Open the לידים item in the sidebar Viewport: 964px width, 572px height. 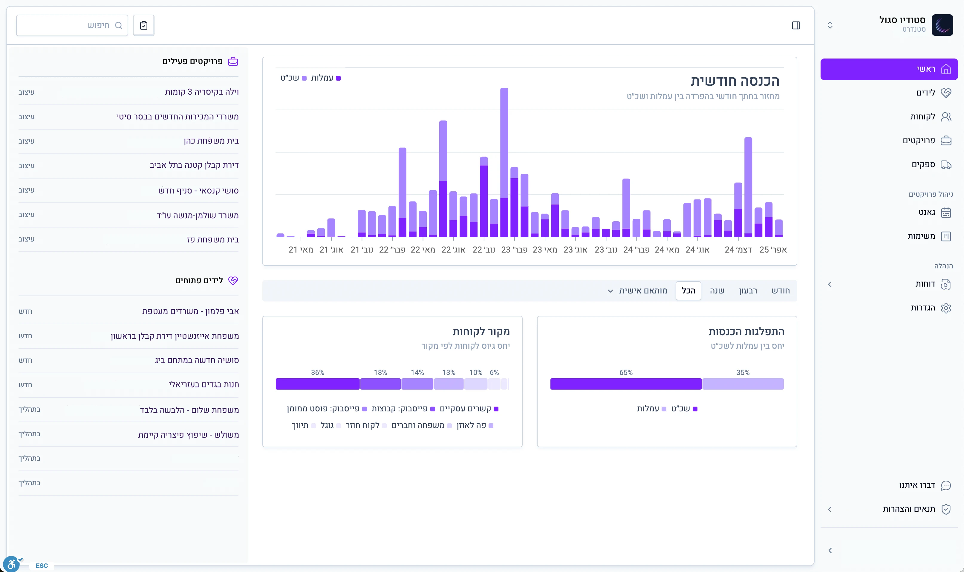(925, 93)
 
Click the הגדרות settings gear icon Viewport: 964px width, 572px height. (945, 308)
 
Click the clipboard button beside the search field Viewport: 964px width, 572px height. (143, 25)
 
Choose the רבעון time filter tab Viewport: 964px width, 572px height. (748, 290)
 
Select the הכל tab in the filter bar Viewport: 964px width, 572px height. (688, 290)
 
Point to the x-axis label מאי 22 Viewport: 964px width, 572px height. (423, 250)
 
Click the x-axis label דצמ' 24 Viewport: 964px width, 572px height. (738, 250)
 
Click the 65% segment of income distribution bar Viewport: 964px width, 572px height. (626, 384)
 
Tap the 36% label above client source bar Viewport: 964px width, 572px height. (317, 372)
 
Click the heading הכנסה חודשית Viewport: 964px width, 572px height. (735, 81)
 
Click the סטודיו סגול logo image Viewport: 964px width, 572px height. (942, 25)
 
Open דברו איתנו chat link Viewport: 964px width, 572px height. (917, 485)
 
